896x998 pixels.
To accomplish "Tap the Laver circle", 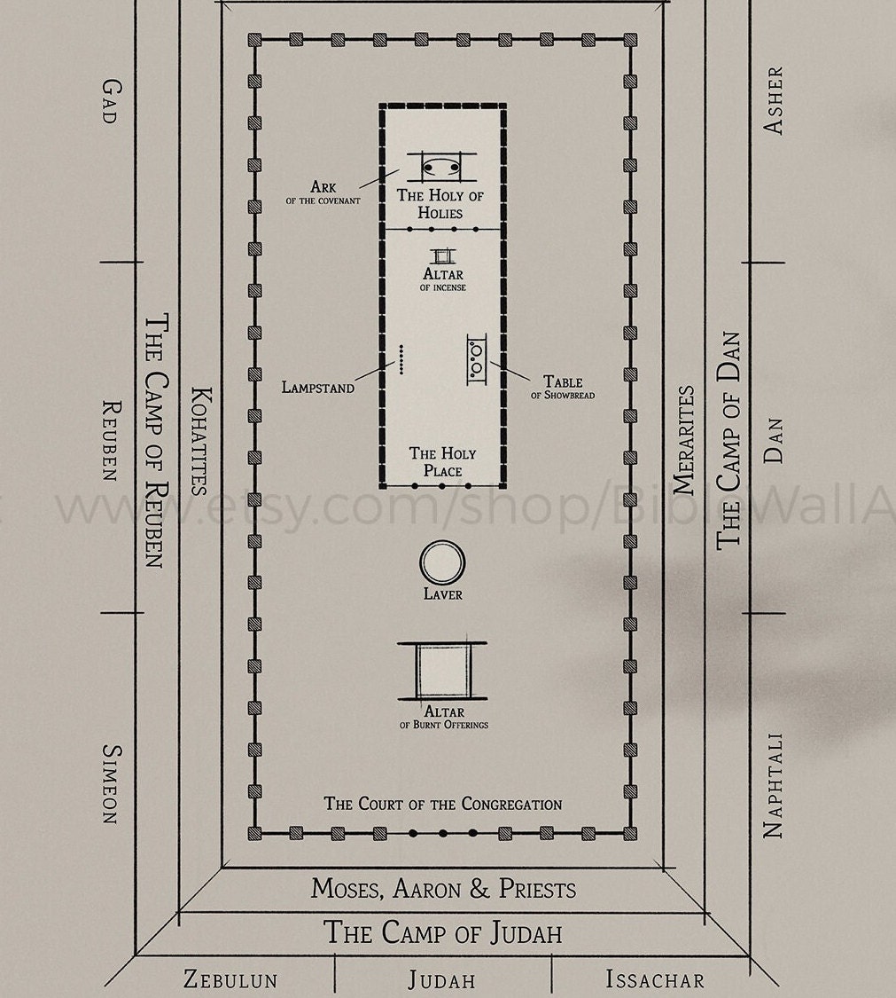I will (442, 562).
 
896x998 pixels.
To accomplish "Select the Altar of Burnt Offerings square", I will (442, 671).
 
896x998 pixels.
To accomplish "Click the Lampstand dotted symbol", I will (401, 359).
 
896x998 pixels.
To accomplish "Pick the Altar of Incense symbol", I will (443, 255).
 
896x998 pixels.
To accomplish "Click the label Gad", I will (110, 100).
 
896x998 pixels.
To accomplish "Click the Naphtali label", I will (774, 784).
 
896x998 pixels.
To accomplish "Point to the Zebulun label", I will (230, 979).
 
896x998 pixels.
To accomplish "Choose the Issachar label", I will (655, 979).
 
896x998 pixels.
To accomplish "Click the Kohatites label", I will (200, 440).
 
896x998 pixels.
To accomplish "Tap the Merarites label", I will (685, 440).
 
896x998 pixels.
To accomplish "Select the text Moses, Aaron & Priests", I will (443, 888).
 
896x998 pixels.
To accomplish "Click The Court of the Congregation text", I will (443, 804).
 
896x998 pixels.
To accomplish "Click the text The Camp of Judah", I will (443, 932).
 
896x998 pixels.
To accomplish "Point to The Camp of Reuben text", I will (156, 440).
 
